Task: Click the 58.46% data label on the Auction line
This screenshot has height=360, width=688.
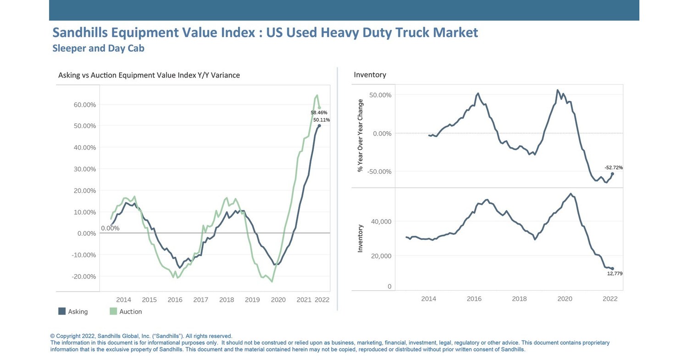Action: tap(319, 112)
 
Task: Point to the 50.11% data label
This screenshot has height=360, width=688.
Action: tap(321, 120)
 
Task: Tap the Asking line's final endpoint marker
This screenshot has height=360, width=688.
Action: tap(319, 126)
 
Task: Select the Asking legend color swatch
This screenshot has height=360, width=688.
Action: tap(62, 311)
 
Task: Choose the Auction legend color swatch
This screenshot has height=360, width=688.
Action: tap(113, 311)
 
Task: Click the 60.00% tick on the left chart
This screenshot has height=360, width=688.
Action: tap(84, 105)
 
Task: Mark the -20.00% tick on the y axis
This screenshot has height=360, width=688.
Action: tap(83, 277)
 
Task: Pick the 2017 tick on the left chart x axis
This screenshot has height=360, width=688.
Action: tap(200, 300)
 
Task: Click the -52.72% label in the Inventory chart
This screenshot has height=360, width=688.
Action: tap(613, 168)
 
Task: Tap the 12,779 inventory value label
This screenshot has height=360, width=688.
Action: tap(615, 274)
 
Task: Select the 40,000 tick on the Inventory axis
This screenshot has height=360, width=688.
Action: tap(380, 222)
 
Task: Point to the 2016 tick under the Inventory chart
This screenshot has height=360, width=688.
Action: tap(474, 299)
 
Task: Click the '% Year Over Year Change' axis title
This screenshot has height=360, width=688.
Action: tap(360, 136)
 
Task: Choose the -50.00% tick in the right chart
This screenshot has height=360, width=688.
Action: tap(376, 172)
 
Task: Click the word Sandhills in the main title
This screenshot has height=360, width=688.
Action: tap(81, 33)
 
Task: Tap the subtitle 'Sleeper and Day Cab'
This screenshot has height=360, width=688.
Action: tap(98, 48)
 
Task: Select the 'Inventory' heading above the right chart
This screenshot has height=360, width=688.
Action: tap(370, 75)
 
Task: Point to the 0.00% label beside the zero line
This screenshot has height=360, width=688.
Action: tap(110, 228)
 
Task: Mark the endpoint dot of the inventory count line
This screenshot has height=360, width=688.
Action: tap(612, 269)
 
